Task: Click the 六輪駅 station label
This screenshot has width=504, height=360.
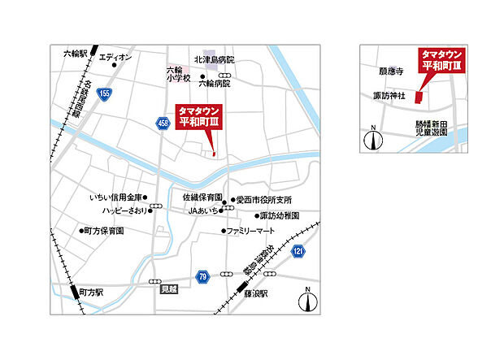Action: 75,54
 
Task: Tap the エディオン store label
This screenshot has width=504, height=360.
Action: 115,57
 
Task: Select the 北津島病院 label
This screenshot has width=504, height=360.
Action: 214,59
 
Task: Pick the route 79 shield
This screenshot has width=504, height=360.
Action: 202,277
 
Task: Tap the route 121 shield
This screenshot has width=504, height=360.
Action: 298,252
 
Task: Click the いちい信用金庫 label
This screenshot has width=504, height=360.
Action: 117,197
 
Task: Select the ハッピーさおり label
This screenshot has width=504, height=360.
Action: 125,210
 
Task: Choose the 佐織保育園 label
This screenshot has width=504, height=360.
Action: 202,197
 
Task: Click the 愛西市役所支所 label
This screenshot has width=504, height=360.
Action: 265,200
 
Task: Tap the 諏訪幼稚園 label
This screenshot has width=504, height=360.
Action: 280,216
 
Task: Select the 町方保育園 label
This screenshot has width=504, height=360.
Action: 104,231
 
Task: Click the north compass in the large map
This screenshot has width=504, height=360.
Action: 307,301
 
